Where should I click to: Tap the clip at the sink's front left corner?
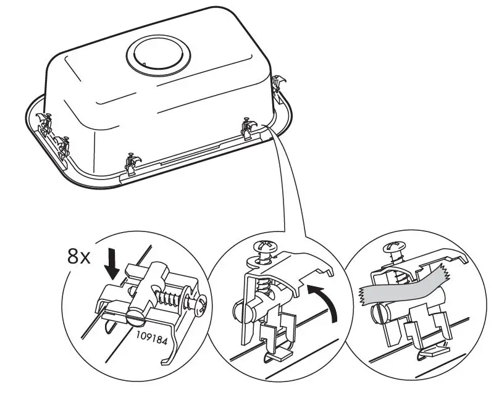(131, 162)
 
